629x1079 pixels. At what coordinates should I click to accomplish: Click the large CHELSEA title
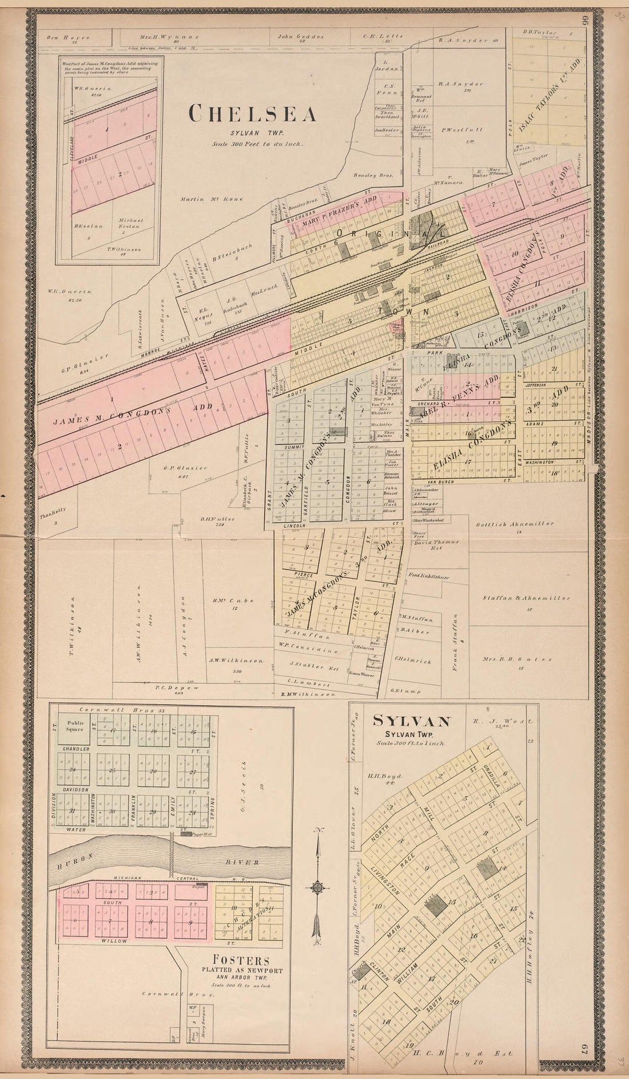[253, 114]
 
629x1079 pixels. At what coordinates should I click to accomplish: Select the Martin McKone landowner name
[212, 199]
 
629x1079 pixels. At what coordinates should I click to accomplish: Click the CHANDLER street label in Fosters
[77, 748]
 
